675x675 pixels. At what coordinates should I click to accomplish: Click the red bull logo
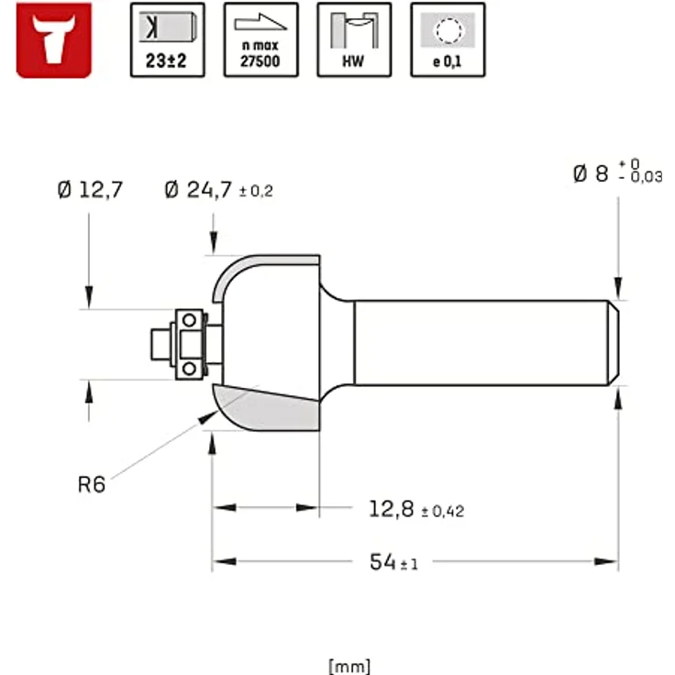(x=54, y=39)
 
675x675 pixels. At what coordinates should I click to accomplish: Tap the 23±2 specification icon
(x=167, y=39)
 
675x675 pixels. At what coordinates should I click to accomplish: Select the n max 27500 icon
(x=260, y=39)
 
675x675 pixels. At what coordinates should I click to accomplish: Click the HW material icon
(x=354, y=39)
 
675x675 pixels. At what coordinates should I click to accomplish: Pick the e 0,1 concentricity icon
(x=448, y=39)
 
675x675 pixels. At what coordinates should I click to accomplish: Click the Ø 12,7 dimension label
(x=89, y=191)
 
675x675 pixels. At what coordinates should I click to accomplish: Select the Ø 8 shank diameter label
(x=591, y=173)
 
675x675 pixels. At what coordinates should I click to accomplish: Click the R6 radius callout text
(x=91, y=484)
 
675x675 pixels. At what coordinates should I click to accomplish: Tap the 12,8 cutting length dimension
(x=393, y=509)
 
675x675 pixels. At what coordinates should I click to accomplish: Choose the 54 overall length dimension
(x=382, y=562)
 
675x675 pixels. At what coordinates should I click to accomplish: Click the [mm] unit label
(x=349, y=666)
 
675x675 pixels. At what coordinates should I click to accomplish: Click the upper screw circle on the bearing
(x=189, y=320)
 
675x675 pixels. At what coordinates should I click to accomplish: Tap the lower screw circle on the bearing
(x=189, y=369)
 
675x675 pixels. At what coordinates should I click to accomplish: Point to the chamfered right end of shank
(x=613, y=343)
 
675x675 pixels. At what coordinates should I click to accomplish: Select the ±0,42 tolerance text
(x=442, y=512)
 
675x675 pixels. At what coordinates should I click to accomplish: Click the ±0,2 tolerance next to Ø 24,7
(x=256, y=192)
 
